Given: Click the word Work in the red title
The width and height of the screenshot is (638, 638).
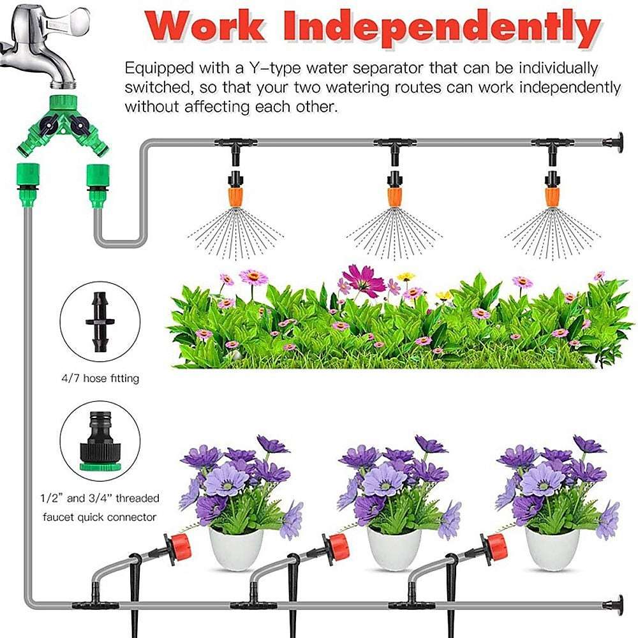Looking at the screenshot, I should click(204, 27).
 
